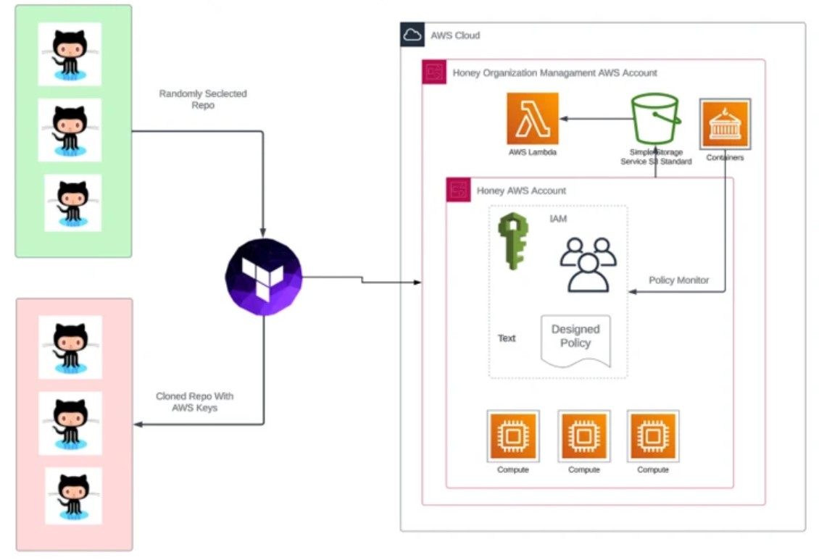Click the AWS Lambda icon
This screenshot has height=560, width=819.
click(532, 119)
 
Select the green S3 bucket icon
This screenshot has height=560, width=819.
click(655, 119)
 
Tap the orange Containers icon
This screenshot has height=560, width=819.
click(725, 124)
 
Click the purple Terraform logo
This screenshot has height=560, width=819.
click(264, 277)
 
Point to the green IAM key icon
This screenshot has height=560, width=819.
click(513, 241)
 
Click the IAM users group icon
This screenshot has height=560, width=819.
click(588, 264)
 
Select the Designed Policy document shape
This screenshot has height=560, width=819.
click(575, 340)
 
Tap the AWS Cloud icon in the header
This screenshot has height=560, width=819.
click(412, 35)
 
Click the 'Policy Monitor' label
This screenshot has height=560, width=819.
click(678, 280)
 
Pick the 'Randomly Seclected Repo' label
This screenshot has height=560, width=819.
click(203, 99)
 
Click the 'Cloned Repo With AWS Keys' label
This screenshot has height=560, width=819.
click(194, 402)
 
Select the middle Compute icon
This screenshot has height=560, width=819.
click(584, 436)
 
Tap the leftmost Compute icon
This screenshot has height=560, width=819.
click(513, 436)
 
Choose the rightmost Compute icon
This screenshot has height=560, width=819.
click(653, 436)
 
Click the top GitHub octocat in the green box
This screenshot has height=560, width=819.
click(70, 54)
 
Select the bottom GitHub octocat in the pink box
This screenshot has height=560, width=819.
click(73, 496)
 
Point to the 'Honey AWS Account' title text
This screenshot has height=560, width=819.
click(521, 191)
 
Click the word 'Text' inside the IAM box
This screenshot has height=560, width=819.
click(507, 338)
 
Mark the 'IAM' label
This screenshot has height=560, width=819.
click(558, 219)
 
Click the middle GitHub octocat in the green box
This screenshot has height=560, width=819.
click(70, 130)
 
